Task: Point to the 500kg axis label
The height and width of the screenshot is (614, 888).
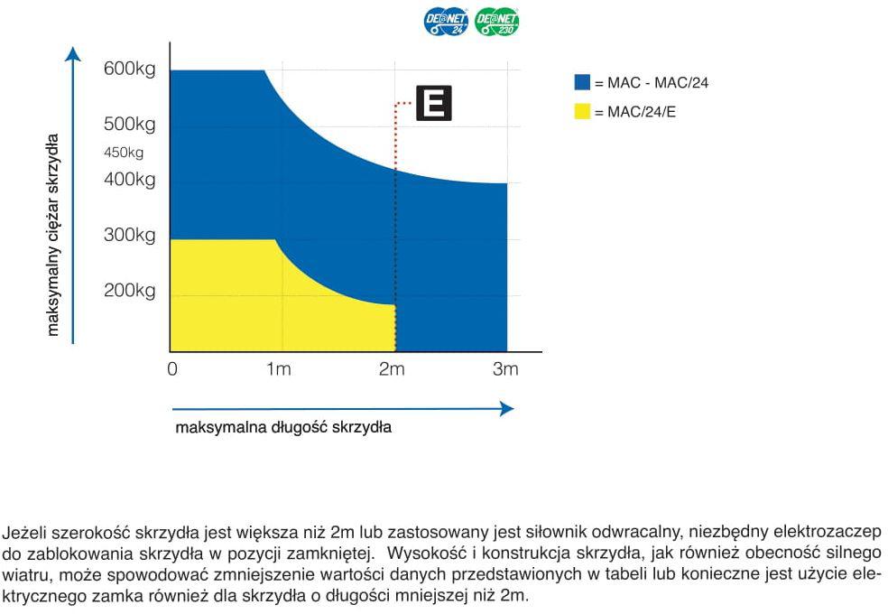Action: click(x=130, y=124)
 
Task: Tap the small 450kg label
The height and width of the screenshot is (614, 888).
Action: click(x=124, y=153)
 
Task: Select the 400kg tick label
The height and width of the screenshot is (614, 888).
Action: click(x=130, y=180)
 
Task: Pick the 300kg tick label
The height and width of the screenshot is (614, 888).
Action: click(x=130, y=236)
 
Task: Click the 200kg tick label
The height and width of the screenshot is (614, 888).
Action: click(x=130, y=291)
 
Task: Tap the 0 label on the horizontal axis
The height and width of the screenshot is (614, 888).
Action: click(x=172, y=369)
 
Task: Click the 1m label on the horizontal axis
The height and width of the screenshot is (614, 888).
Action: click(x=279, y=369)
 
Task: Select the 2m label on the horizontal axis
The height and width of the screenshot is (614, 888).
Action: click(x=392, y=369)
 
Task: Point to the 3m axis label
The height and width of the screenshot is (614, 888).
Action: click(x=505, y=369)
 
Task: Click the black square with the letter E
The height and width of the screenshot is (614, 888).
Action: click(x=433, y=104)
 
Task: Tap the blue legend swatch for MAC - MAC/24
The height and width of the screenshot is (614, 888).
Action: click(x=582, y=83)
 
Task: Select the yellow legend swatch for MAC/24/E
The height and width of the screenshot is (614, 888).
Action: click(x=582, y=112)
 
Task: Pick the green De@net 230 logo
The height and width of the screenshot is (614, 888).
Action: click(x=497, y=23)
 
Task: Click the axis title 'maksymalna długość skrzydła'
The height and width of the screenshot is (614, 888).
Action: click(x=283, y=427)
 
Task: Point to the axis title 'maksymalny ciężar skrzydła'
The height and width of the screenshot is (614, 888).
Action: click(x=53, y=235)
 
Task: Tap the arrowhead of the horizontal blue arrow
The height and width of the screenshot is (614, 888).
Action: click(x=507, y=408)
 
